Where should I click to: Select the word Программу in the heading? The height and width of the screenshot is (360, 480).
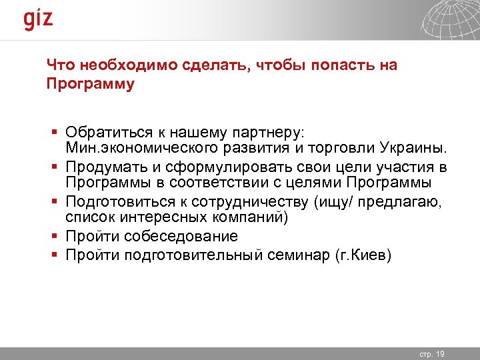pyautogui.click(x=90, y=85)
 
